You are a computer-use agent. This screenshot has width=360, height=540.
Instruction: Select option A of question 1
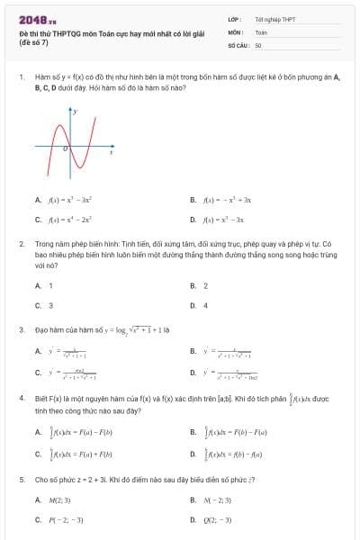67,200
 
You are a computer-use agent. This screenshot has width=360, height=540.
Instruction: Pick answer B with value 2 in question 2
199,285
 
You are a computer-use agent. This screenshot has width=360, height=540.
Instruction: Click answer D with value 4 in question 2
199,305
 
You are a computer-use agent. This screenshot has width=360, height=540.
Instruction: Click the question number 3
21,329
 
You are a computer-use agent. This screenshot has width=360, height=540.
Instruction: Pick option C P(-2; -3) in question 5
59,519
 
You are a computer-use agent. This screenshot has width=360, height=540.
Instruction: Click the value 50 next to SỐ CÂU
258,44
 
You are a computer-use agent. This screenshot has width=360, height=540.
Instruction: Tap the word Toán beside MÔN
261,31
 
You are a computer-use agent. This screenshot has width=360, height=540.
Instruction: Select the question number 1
21,77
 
